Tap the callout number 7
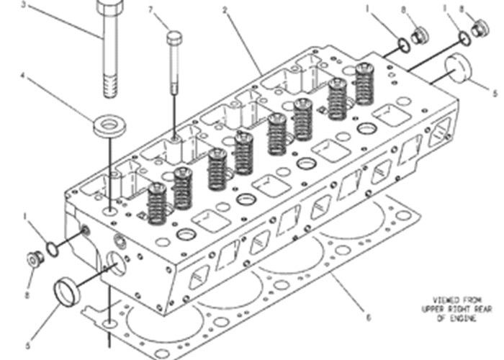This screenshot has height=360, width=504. click(150, 9)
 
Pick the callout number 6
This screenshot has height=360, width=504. click(368, 318)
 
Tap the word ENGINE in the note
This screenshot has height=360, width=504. click(452, 319)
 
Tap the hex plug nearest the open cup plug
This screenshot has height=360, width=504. click(32, 258)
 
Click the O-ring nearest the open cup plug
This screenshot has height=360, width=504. click(53, 250)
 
